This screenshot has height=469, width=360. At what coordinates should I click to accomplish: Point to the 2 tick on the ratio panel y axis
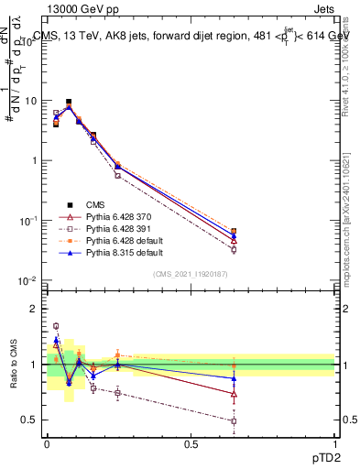[35, 309]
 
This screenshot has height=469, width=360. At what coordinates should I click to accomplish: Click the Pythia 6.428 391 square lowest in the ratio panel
[235, 421]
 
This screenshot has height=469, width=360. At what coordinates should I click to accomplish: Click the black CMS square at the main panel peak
[69, 102]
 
